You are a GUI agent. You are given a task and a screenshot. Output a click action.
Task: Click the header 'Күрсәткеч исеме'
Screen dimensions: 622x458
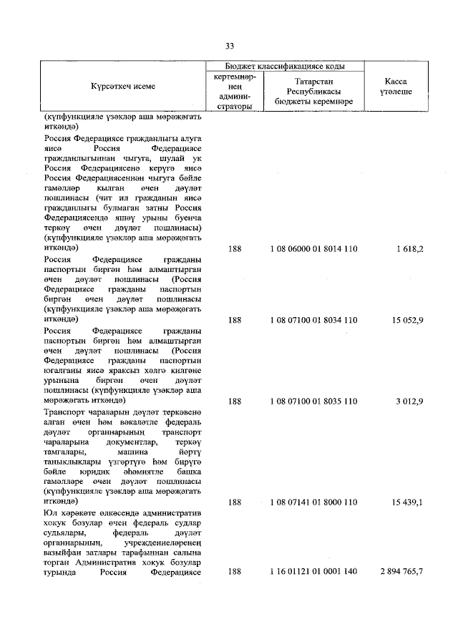[122, 87]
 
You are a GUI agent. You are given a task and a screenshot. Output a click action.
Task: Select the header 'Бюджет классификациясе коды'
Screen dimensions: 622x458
[285, 65]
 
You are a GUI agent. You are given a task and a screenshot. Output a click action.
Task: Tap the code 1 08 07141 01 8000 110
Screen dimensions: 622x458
[313, 503]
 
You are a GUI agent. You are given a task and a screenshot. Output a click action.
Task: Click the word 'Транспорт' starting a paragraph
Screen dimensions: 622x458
[64, 412]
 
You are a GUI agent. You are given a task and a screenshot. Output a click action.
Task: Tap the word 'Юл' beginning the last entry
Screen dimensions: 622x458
[49, 513]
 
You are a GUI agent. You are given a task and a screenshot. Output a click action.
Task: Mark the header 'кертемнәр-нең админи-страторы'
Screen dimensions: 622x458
[234, 92]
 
